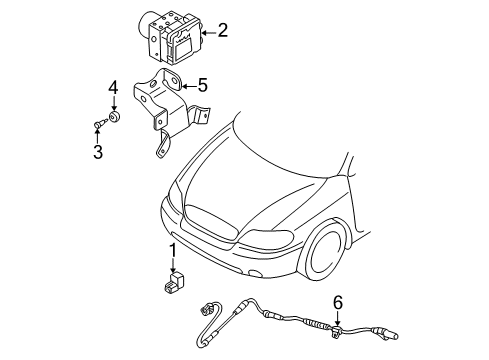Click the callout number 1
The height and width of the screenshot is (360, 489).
click(x=172, y=250)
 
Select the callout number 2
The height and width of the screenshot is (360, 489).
click(x=222, y=32)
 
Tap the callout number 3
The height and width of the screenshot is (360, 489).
click(x=98, y=151)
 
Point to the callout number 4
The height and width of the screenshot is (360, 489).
click(x=114, y=87)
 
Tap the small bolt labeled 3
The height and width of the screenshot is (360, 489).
click(x=98, y=124)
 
